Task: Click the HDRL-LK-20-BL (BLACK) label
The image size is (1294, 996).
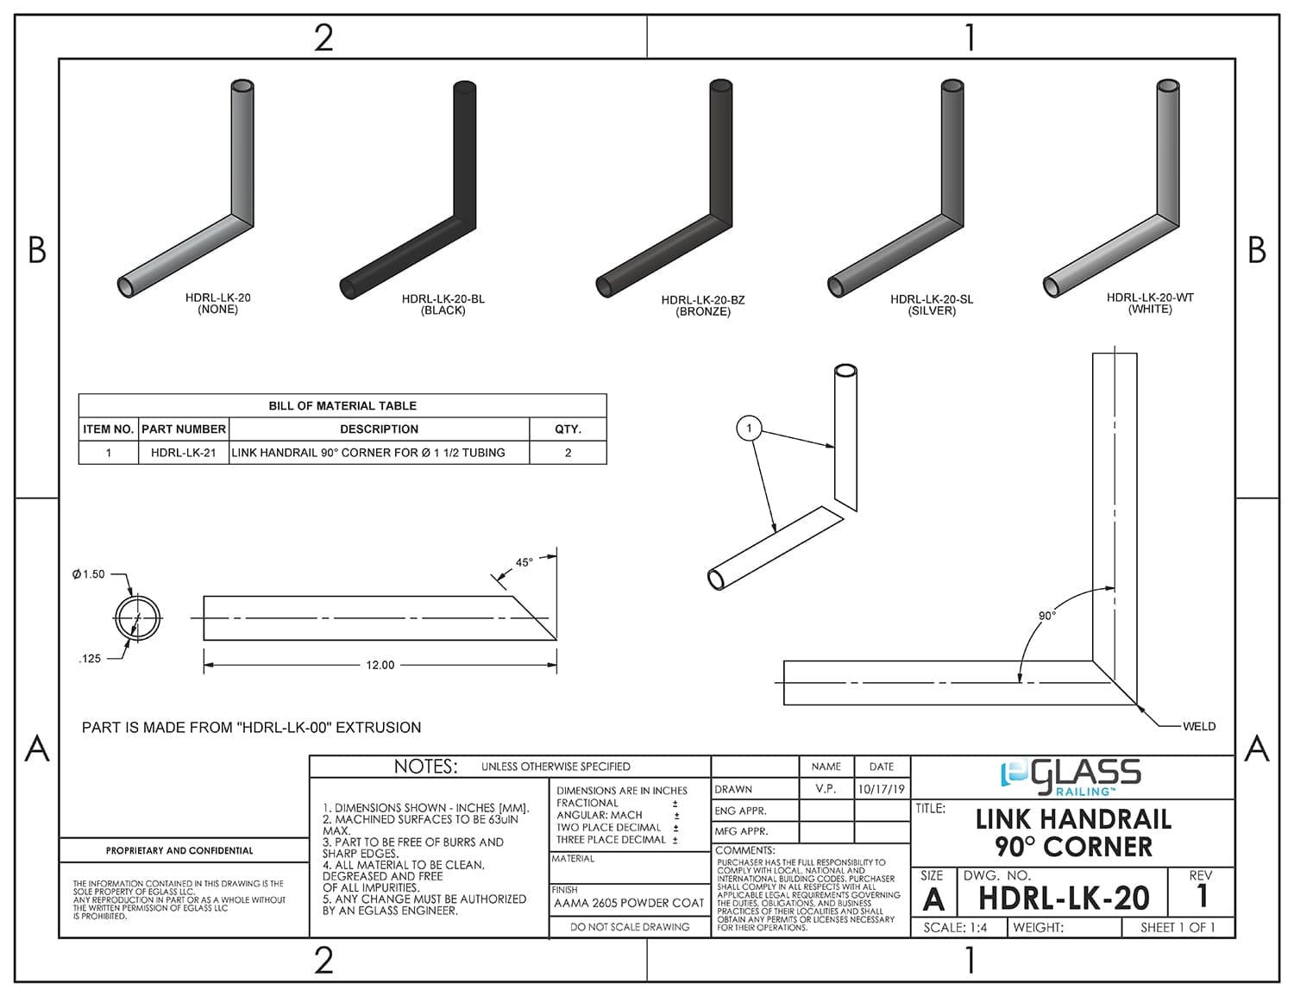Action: coord(443,304)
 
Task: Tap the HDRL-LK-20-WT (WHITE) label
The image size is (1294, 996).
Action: coord(1150,303)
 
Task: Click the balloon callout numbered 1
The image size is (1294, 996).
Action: coord(749,428)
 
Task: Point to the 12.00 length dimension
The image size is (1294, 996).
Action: coord(380,665)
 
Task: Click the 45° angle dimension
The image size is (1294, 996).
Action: coord(524,562)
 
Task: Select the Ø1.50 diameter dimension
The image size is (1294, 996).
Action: coord(89,574)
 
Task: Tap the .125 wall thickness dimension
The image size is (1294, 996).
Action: coord(90,658)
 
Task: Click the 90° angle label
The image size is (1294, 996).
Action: coord(1046,616)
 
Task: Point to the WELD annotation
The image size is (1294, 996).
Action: coord(1198,726)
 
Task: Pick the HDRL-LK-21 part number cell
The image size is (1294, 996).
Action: coord(183,452)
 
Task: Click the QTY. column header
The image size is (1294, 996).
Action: coord(568,429)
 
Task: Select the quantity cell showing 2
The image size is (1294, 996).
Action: coord(568,452)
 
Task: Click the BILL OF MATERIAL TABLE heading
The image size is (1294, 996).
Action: coord(342,405)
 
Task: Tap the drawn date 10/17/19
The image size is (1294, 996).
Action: coord(881,789)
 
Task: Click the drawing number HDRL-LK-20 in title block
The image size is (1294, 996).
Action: coord(1064,899)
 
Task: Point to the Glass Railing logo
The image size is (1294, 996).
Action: coord(1071,776)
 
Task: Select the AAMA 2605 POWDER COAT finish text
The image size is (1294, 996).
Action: coord(629,903)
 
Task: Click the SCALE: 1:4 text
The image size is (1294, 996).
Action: coord(955,928)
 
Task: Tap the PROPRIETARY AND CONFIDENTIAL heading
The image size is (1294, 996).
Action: coord(179,850)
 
